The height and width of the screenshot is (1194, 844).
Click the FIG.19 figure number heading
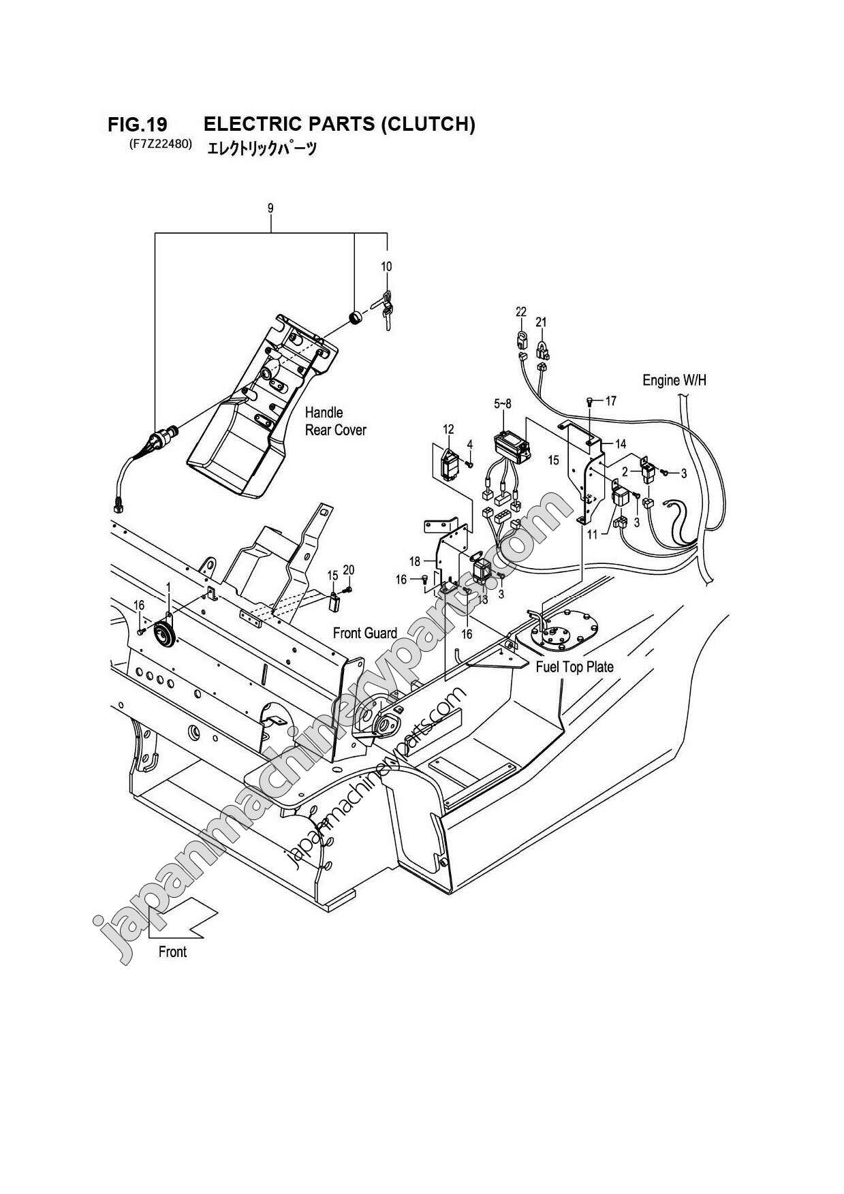137,124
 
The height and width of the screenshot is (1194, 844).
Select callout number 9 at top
270,208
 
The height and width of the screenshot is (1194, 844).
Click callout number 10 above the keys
386,266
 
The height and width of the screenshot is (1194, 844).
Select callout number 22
521,311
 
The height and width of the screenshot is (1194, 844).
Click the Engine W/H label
674,380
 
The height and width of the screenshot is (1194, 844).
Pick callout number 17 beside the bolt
610,401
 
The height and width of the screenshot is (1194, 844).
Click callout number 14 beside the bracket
621,443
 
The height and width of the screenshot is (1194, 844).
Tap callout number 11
592,535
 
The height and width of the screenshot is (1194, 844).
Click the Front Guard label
364,633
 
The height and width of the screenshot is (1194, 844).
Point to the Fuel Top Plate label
574,666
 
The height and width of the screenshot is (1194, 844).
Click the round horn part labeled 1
164,630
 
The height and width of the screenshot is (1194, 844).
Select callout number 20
349,569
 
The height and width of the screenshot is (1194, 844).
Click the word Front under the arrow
172,952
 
